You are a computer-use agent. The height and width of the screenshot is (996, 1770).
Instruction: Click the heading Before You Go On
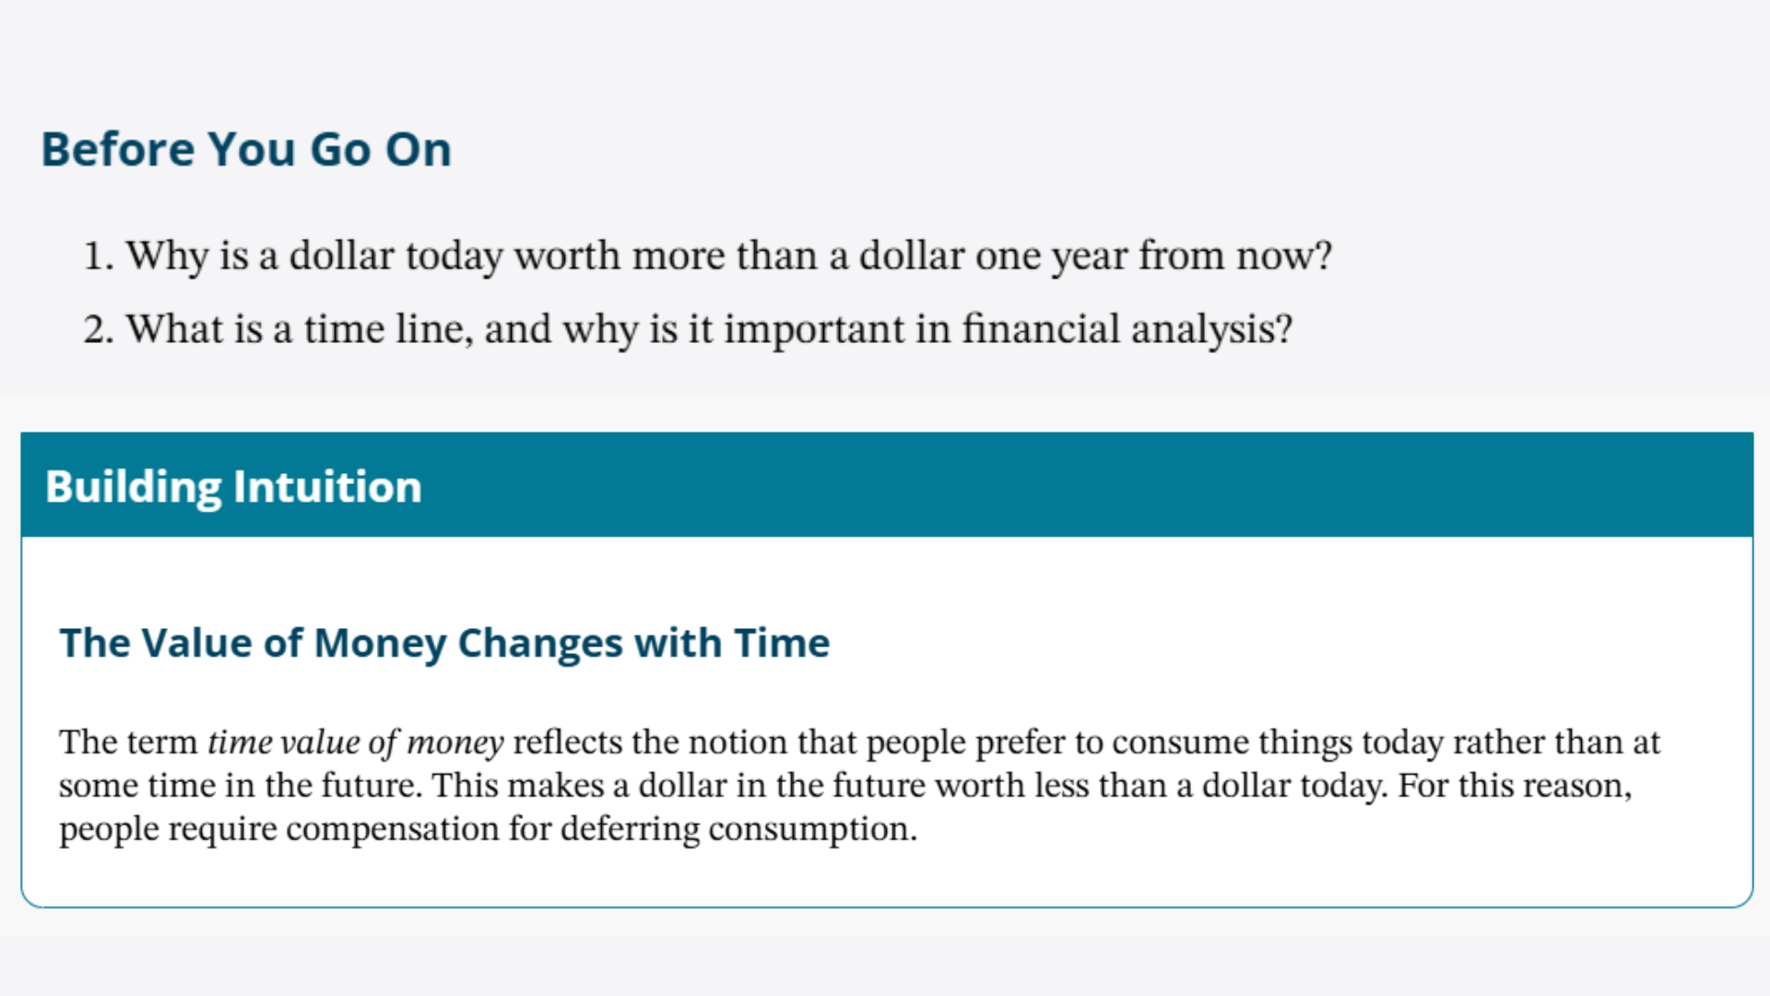click(246, 149)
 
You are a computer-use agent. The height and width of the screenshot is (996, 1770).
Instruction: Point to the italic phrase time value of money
click(356, 743)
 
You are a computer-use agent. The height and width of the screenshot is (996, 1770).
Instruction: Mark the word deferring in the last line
click(631, 830)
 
